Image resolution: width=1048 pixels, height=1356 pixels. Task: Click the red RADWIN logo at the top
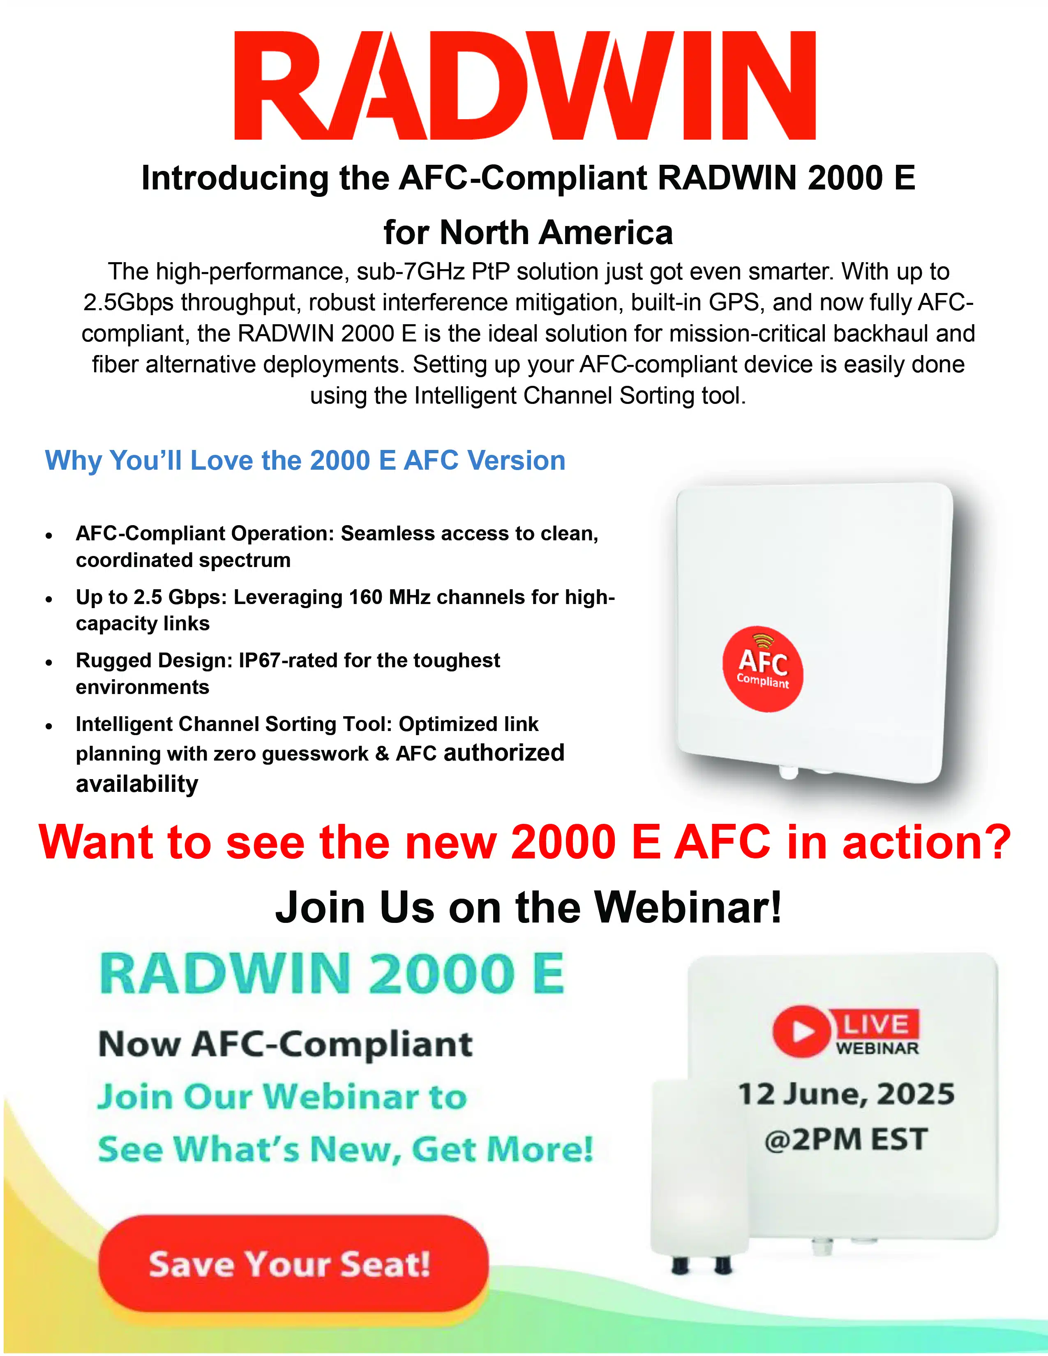(x=525, y=85)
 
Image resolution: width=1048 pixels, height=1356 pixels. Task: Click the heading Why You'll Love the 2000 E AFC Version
(x=305, y=461)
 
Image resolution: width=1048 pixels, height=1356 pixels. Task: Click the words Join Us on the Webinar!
(x=529, y=907)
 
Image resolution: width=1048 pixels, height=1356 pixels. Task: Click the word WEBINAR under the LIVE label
(x=877, y=1048)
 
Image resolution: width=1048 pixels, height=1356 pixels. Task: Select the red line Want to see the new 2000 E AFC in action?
(x=525, y=842)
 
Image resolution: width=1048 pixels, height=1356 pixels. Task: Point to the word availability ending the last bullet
(x=137, y=784)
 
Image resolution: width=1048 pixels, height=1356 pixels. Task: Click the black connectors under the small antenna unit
(x=702, y=1265)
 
